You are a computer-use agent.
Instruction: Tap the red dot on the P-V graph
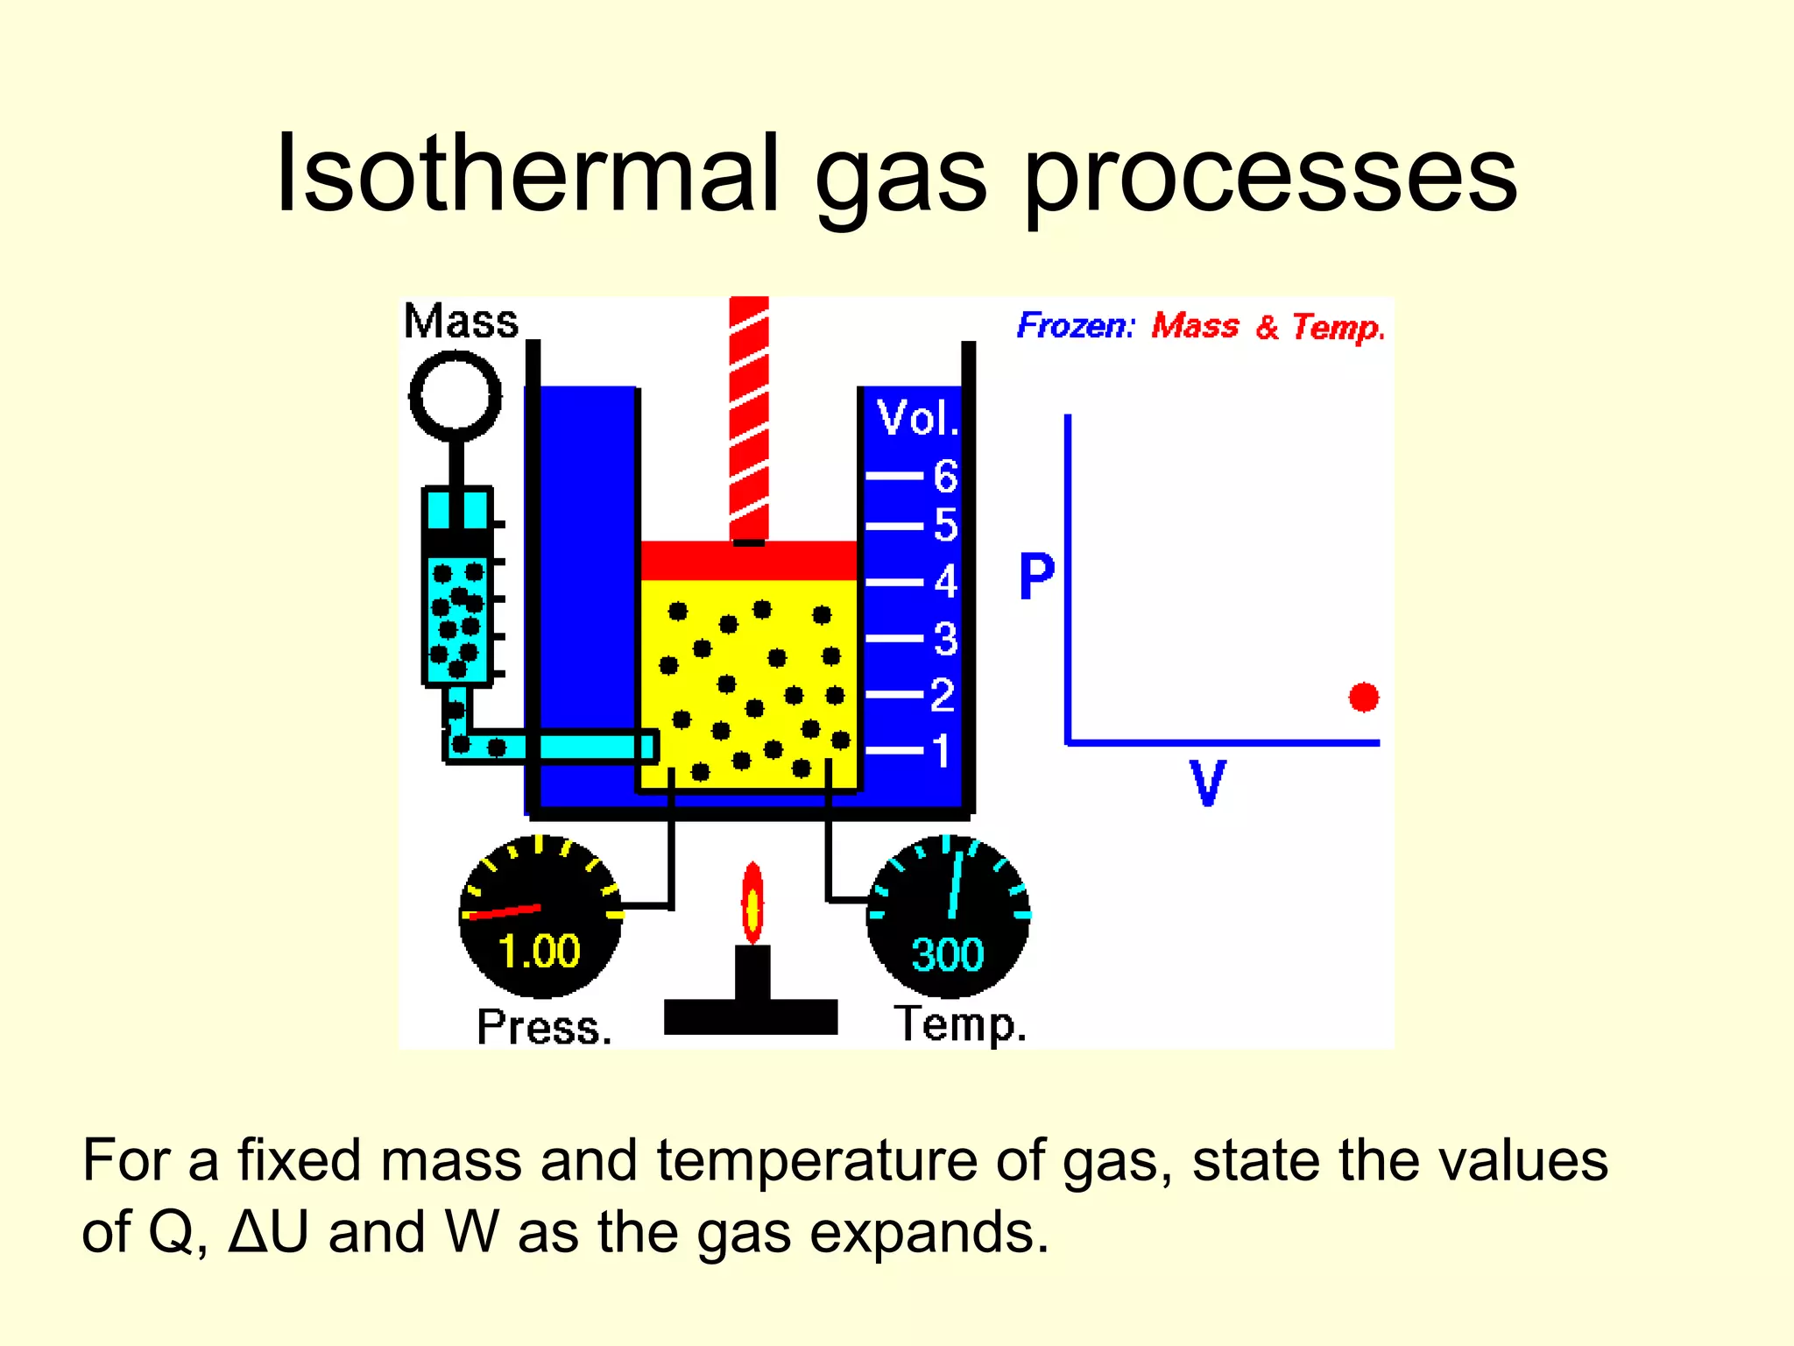coord(1363,698)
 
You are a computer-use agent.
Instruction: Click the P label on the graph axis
coord(1036,577)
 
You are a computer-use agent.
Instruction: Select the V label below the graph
coord(1207,783)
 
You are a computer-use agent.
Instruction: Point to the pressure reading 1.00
coord(539,951)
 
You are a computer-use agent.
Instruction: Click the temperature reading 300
coord(948,954)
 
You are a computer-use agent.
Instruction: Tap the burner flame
coord(752,903)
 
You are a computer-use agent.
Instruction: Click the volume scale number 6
coord(945,477)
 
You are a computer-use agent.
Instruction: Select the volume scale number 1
coord(941,751)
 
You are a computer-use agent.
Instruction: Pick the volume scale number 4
coord(945,582)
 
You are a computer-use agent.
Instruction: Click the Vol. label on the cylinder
coord(917,418)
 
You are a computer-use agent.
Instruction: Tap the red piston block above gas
coord(748,561)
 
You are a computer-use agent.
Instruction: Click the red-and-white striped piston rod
coord(749,416)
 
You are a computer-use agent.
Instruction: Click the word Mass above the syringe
coord(461,322)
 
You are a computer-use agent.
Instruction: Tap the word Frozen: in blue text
coord(1075,326)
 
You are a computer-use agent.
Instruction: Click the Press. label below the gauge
coord(544,1027)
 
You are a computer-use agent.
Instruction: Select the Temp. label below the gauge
coord(960,1024)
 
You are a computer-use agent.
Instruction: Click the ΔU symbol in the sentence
coord(268,1232)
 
